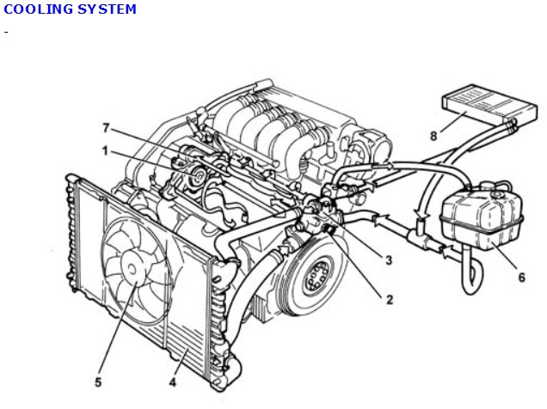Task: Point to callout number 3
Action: coord(389,259)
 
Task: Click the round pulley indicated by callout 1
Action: coord(198,176)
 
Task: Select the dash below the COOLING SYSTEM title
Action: coord(6,33)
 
